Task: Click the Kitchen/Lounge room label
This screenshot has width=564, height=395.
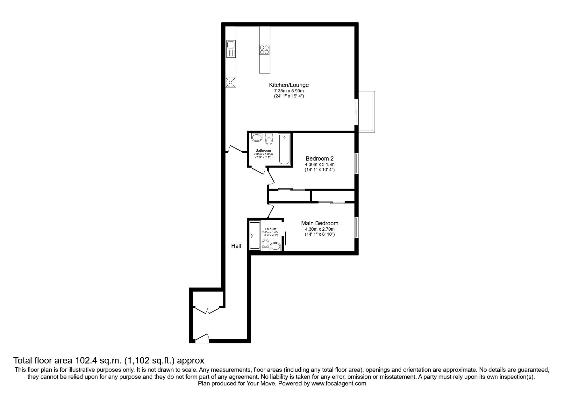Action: [289, 85]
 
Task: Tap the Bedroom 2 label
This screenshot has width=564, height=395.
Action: [319, 158]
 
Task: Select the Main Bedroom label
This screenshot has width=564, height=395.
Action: [320, 223]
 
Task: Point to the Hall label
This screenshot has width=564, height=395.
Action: [236, 246]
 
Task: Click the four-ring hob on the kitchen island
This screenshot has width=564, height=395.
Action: [264, 50]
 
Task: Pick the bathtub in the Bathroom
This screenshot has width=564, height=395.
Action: [284, 149]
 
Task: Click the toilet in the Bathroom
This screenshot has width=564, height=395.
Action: [269, 139]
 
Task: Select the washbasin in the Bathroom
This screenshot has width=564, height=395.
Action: [256, 138]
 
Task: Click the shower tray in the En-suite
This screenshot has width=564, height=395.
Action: [255, 236]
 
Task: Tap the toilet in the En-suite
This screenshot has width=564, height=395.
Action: [265, 244]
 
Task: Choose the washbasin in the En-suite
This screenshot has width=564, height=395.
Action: [275, 246]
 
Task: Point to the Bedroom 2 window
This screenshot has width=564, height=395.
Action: [357, 163]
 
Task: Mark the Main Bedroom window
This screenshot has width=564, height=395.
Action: [357, 228]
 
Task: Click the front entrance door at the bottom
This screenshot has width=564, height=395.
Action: [202, 338]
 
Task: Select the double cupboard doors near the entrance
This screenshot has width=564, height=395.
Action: [207, 309]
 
